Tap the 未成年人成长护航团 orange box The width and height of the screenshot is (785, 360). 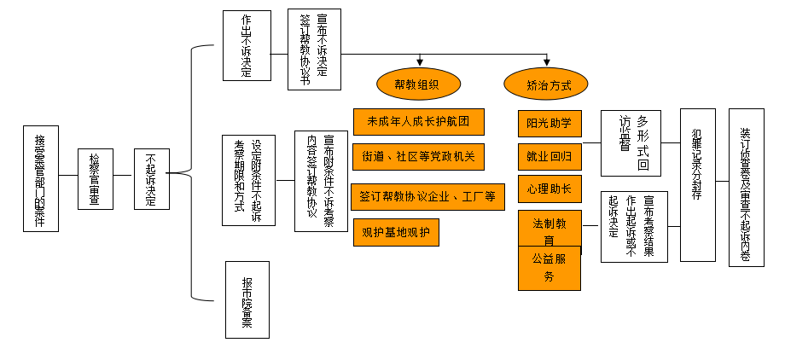(418, 121)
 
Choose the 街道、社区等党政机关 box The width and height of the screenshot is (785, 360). (418, 157)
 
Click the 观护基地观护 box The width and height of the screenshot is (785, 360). (396, 232)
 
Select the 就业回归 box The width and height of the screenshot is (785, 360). (549, 157)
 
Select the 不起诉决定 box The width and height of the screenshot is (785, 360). (150, 178)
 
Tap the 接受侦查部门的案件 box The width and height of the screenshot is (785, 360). (40, 178)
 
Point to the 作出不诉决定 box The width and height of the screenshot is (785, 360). (246, 45)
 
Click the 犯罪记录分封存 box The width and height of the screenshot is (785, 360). (697, 184)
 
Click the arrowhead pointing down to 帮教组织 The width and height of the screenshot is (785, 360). (419, 61)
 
